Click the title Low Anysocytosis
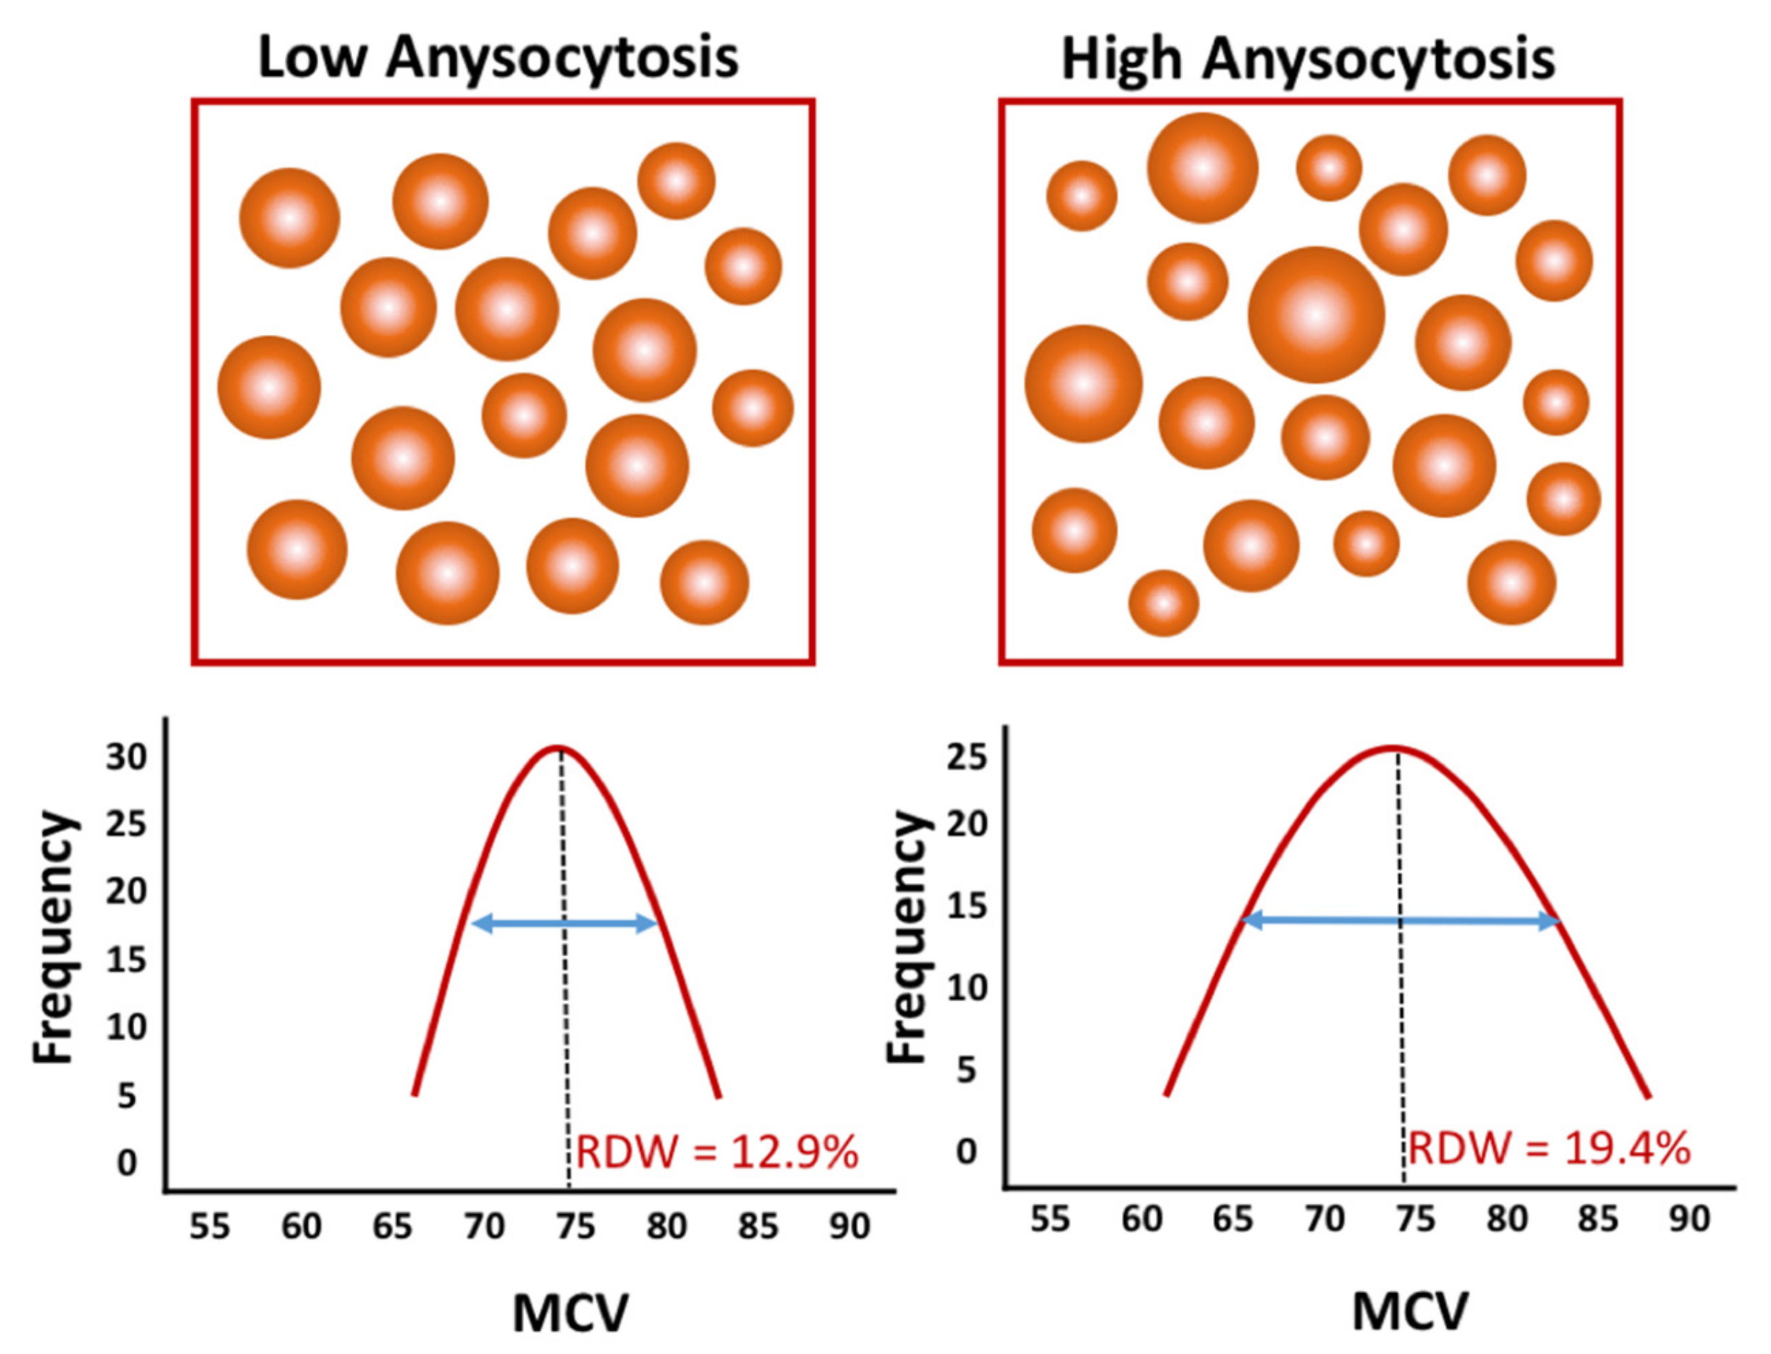coord(498,58)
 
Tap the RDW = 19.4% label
coord(1549,1147)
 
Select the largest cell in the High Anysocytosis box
coord(1316,315)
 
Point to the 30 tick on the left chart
coord(127,757)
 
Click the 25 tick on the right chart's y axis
coord(966,757)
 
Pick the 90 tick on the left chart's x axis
coord(850,1226)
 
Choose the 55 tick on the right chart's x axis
coord(1050,1218)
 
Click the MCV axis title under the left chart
coord(570,1313)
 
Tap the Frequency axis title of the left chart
coord(55,937)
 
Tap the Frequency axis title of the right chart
coord(908,937)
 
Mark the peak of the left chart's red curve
coord(559,748)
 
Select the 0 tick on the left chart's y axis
coord(127,1163)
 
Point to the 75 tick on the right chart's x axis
coord(1416,1218)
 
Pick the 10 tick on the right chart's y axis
coord(966,988)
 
